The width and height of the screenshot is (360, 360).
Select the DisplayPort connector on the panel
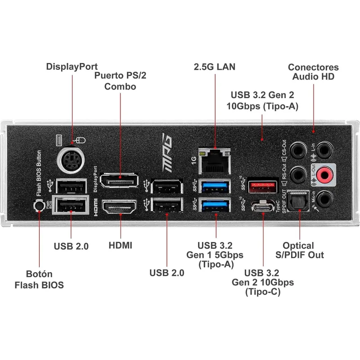pos(120,181)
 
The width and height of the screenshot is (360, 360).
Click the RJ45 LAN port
pos(215,162)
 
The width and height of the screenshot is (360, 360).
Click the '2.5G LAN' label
pos(215,67)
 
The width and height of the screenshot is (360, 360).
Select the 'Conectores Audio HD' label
pos(313,72)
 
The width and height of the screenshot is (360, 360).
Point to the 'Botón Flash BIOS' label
pos(39,279)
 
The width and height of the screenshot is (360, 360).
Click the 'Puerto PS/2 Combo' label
pos(120,81)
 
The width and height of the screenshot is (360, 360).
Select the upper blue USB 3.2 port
pos(215,185)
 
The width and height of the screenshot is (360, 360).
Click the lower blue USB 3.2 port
pos(215,206)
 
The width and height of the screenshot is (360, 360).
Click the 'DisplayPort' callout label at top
pos(72,66)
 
